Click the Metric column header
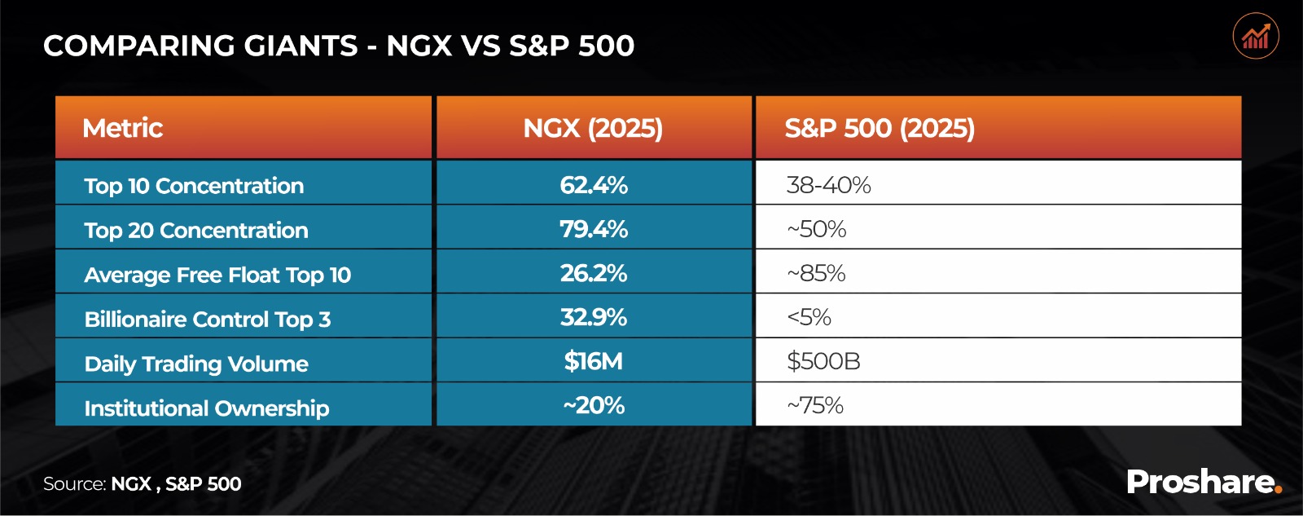pos(123,128)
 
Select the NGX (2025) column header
pos(593,128)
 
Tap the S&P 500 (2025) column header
pos(880,128)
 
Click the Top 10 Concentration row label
pos(194,186)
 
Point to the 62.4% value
pos(594,185)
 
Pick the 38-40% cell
pos(828,185)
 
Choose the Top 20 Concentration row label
pos(196,231)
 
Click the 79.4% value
pos(594,229)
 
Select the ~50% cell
pos(817,229)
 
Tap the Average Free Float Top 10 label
pos(217,275)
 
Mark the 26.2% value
pos(594,273)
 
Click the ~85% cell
pos(816,273)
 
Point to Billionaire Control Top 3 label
pos(208,319)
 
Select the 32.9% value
pos(594,317)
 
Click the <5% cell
pos(809,317)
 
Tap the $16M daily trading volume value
pos(594,361)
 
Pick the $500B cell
pos(823,361)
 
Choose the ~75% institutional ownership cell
pos(815,405)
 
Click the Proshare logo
pos(1204,482)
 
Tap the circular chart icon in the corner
pos(1256,36)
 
